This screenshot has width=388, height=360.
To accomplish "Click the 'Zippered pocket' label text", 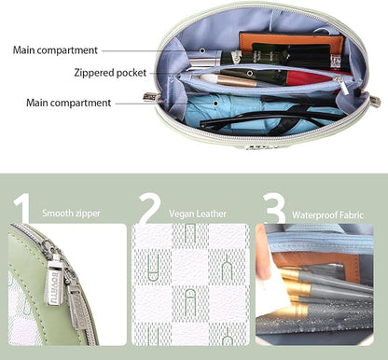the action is (110, 73).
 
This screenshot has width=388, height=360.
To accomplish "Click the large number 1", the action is (21, 208).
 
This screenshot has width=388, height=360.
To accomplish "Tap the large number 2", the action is (150, 208).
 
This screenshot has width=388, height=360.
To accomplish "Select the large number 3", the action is (273, 208).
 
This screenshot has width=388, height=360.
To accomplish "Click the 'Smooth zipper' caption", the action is (71, 214).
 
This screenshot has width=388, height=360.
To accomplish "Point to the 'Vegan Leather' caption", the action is (198, 214).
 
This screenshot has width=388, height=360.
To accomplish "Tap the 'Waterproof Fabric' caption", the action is (327, 215).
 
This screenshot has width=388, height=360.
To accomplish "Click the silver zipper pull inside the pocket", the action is (343, 85).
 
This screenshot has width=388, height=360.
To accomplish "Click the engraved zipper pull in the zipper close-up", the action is (55, 282).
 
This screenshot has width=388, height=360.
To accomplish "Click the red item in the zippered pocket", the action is (308, 77).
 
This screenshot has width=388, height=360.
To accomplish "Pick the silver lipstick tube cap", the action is (204, 59).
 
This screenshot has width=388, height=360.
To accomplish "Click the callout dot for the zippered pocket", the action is (250, 74).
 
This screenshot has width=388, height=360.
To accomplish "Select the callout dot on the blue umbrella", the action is (215, 103).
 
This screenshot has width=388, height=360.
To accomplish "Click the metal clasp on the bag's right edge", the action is (375, 102).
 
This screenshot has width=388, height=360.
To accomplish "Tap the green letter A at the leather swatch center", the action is (190, 301).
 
